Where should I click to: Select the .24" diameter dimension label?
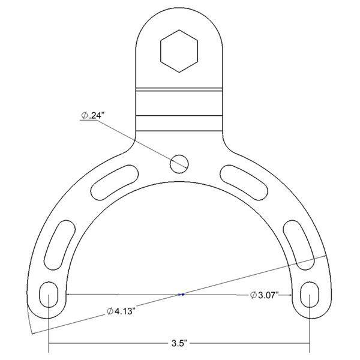[x=91, y=116]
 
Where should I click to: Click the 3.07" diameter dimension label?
[x=264, y=295]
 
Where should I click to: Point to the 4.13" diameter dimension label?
[x=120, y=311]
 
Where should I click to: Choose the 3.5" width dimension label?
[x=179, y=344]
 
